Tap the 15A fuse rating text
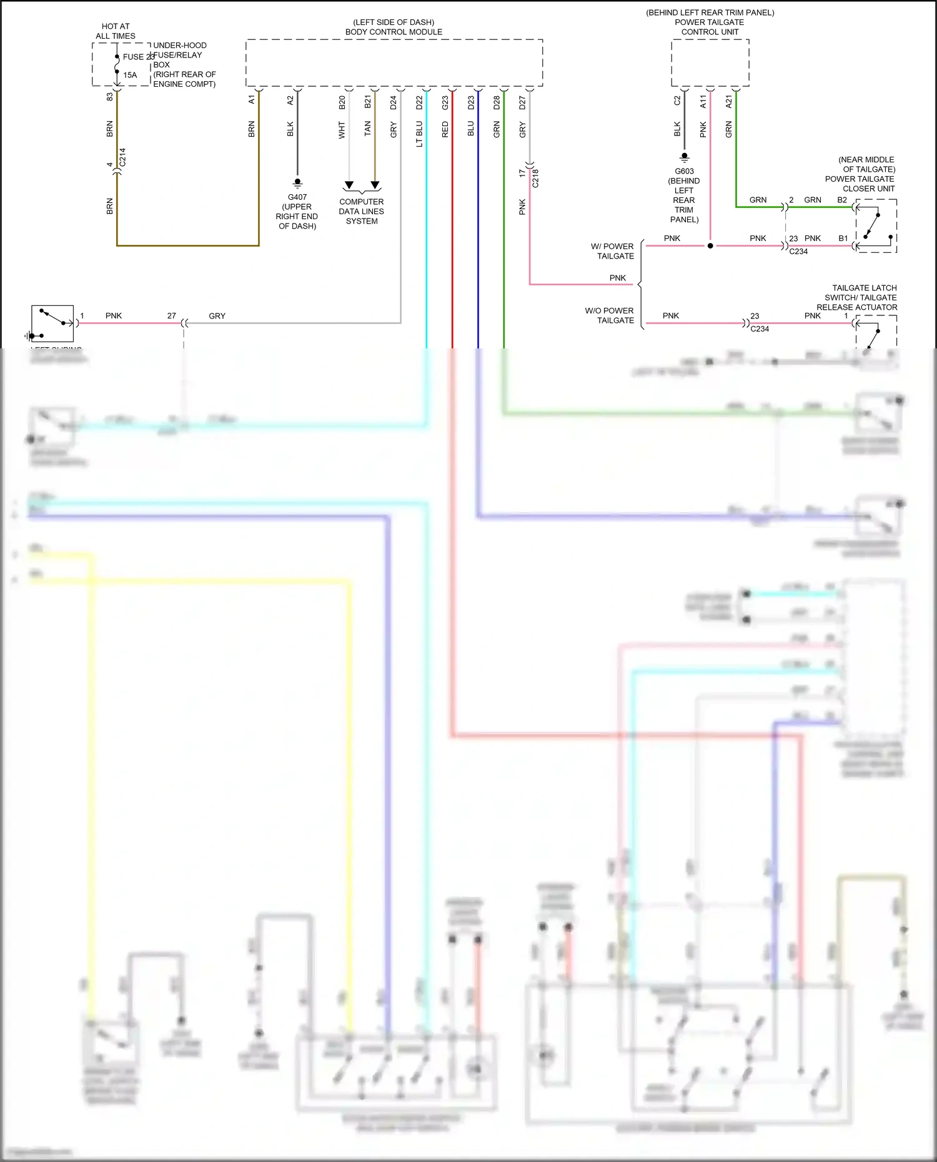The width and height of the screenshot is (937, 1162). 130,75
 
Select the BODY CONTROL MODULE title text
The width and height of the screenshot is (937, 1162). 394,32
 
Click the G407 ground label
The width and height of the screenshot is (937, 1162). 297,197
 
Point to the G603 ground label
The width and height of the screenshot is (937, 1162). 684,171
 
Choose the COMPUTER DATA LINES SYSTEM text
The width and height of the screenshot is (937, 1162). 362,211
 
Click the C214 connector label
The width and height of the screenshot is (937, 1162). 122,157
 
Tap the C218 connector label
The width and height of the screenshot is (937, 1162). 535,178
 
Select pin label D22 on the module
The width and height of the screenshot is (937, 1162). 419,102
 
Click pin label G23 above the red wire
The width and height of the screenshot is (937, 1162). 445,102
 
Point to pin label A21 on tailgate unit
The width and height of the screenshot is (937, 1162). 728,102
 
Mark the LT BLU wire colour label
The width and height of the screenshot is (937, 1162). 419,134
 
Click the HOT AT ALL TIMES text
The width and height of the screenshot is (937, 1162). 116,31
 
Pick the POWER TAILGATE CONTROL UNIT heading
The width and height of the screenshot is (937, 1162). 710,27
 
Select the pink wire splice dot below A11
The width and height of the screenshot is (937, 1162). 710,246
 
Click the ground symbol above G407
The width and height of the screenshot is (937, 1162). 297,182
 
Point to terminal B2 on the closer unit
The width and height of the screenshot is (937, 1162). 842,200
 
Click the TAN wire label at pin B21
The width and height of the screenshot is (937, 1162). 367,129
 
